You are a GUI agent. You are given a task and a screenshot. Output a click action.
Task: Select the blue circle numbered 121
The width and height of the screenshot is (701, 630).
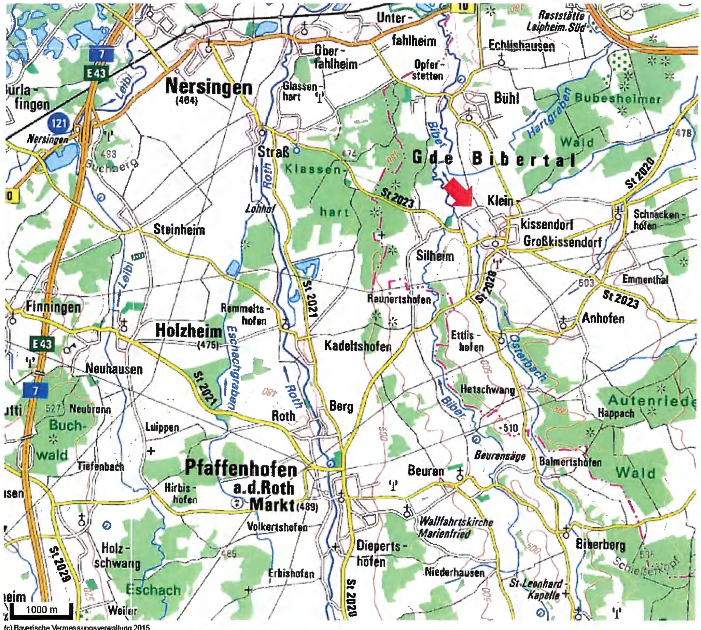[x=59, y=123]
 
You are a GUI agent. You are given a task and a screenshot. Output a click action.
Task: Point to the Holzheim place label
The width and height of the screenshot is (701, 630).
[x=188, y=331]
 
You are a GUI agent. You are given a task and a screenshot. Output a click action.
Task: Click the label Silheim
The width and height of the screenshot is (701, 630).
[x=435, y=256]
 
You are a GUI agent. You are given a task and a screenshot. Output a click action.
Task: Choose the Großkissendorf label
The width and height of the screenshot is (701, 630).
[x=562, y=241]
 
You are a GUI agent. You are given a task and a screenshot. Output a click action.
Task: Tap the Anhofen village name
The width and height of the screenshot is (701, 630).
[x=603, y=318]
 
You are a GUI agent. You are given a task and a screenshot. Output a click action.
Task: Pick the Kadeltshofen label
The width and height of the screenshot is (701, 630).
[x=358, y=346]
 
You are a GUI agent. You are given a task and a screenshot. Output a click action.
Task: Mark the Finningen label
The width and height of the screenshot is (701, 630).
[x=53, y=307]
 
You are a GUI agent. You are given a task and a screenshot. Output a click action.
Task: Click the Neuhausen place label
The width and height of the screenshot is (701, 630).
[x=114, y=369]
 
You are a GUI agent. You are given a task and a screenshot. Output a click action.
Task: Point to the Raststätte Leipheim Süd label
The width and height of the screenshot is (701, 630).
[x=556, y=21]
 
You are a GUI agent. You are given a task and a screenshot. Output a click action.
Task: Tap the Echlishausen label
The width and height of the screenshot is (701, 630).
[x=522, y=46]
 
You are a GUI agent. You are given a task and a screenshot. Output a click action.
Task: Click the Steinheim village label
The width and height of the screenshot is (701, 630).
[x=179, y=229]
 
